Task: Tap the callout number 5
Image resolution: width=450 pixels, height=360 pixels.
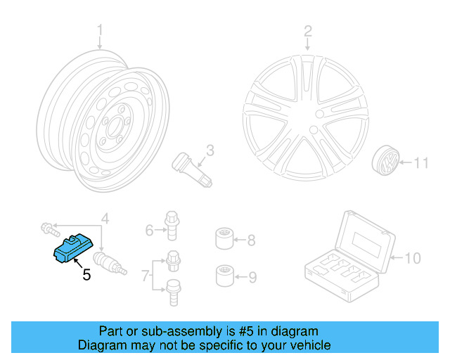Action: click(86, 275)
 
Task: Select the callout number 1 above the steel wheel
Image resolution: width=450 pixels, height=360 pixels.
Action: click(100, 30)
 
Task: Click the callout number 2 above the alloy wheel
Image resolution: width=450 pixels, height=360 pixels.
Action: click(307, 30)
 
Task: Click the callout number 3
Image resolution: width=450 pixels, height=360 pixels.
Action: click(210, 150)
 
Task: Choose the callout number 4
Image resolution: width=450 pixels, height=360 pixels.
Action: click(105, 219)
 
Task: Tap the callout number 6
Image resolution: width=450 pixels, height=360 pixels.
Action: click(149, 230)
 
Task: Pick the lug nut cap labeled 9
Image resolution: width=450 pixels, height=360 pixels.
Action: click(224, 275)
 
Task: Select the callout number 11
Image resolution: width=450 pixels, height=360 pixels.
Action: click(420, 164)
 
